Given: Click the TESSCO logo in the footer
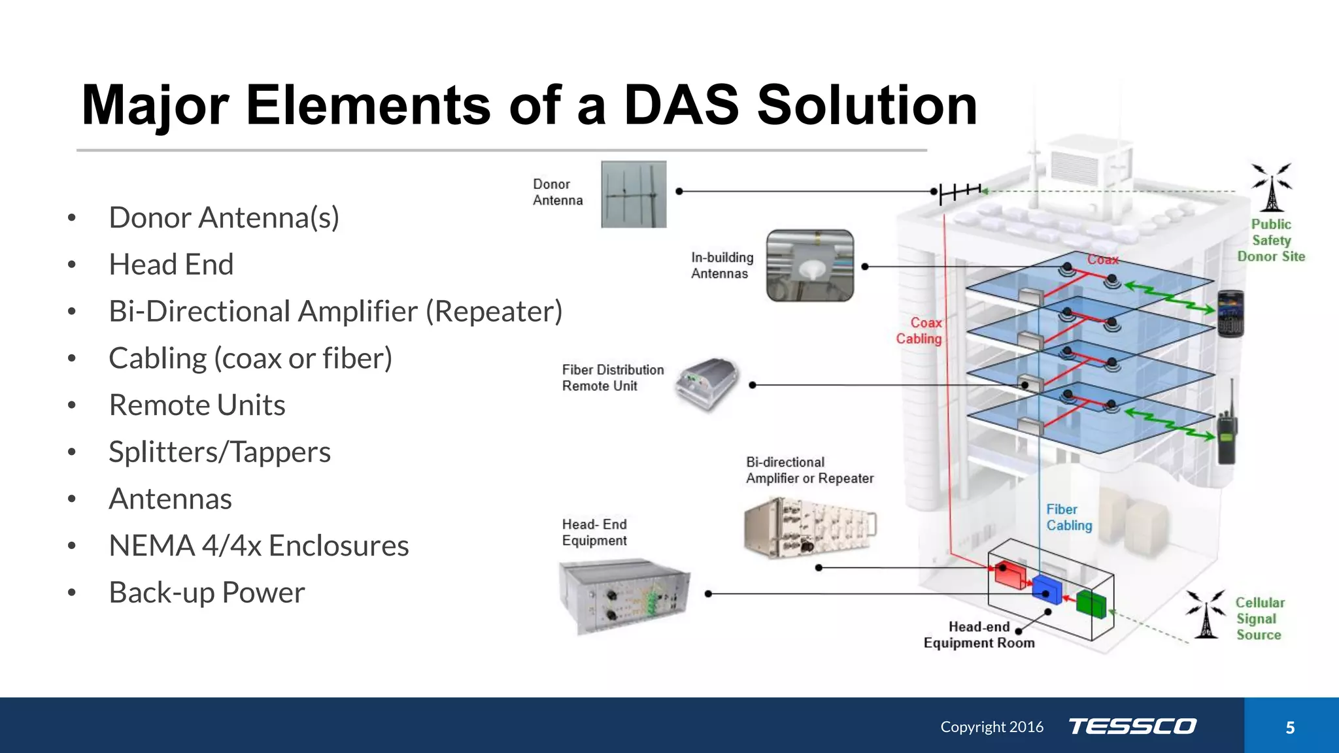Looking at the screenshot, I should (x=1132, y=726).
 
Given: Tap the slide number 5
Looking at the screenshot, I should (x=1290, y=728).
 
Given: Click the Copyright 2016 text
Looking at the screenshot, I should (x=992, y=727).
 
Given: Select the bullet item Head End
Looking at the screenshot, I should (x=171, y=265).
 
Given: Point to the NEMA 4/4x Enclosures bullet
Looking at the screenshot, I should (x=258, y=546).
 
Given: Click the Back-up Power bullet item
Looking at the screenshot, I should (x=207, y=593).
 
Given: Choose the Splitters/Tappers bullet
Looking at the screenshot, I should (x=220, y=452).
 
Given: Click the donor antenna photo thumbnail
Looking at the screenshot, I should (x=634, y=194).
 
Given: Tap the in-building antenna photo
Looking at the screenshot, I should (x=810, y=265).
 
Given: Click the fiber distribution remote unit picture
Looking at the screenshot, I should (x=708, y=384).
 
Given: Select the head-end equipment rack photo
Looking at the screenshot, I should (x=624, y=595).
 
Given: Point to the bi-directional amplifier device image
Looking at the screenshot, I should (x=809, y=527).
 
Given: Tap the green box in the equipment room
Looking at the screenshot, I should (x=1091, y=603).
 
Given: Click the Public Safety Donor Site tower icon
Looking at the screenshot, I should (x=1271, y=188).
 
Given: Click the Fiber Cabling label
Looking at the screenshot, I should (x=1068, y=518).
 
